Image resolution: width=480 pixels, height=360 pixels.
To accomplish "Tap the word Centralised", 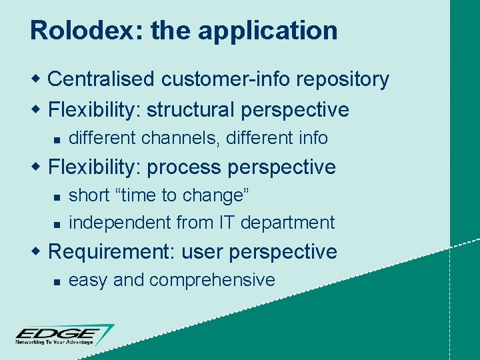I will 104,79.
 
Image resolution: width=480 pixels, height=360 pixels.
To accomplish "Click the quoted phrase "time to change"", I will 182,195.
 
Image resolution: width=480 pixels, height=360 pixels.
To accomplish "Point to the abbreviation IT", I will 224,222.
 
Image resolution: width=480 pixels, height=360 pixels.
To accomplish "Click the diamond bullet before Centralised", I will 38,79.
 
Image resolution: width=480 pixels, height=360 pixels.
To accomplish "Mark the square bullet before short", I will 57,197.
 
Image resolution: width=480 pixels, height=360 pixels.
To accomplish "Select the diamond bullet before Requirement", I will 38,251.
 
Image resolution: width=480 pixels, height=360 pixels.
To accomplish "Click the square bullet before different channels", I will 57,139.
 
